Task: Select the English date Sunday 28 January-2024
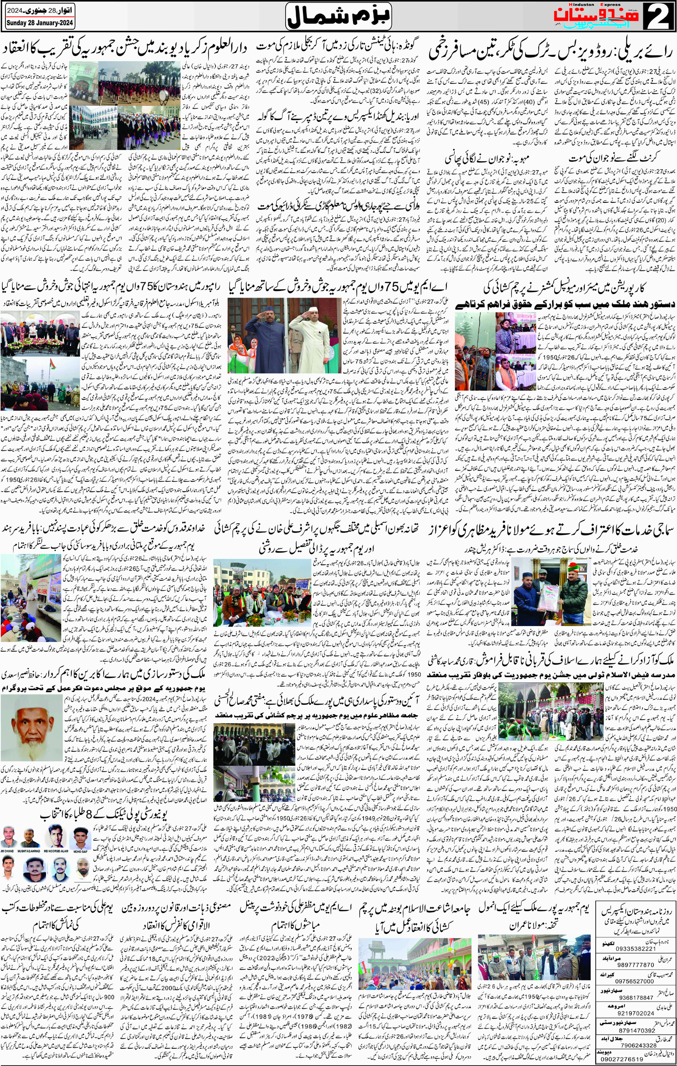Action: (40, 23)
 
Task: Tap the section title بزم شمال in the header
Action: (338, 17)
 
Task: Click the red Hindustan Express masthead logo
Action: (595, 16)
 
